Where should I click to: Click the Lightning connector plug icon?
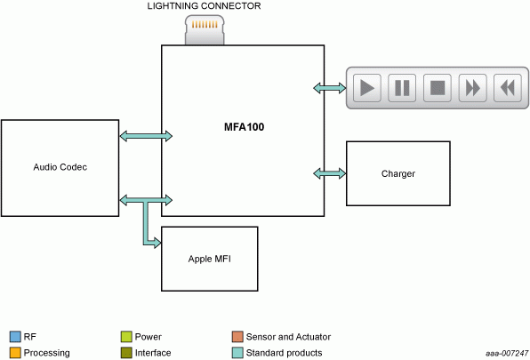point(205,29)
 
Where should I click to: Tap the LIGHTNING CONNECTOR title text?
point(204,6)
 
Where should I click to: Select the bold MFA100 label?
point(244,127)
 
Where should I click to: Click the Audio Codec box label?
point(60,167)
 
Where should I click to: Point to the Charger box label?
point(398,173)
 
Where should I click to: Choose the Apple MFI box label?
point(210,259)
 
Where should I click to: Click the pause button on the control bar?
point(402,88)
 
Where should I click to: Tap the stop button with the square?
point(437,88)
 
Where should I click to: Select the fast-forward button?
point(472,88)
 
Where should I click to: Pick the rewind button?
point(508,88)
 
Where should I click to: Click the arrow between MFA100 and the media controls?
point(330,88)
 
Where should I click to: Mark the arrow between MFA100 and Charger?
point(330,173)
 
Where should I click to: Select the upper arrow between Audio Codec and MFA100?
point(146,136)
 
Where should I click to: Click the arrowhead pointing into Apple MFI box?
point(157,243)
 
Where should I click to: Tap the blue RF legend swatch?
point(15,337)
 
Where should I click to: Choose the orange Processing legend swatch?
point(15,353)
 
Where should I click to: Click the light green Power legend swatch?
point(126,337)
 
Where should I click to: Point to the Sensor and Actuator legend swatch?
point(237,337)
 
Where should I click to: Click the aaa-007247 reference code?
point(507,353)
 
